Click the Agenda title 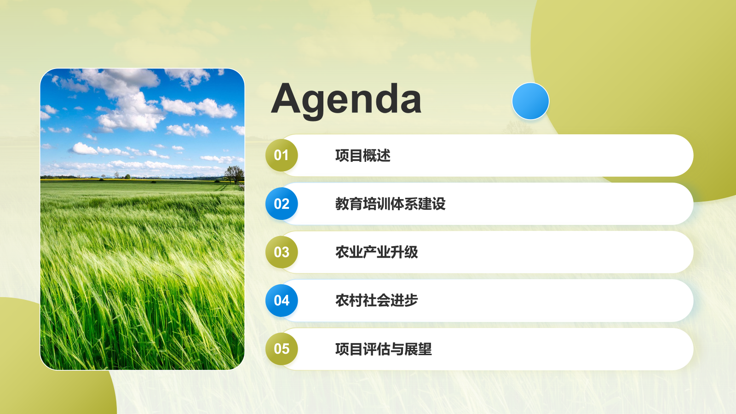coord(346,101)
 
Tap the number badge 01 coord(282,155)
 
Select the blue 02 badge coord(282,204)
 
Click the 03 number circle coord(282,252)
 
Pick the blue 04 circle coord(282,301)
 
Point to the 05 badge coord(282,349)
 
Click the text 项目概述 coord(363,155)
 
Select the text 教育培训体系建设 coord(391,204)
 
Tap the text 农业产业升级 coord(377,253)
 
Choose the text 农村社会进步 coord(377,301)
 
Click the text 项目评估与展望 coord(384,349)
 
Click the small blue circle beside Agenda coord(530,101)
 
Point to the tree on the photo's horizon coord(235,174)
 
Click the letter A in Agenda coord(286,98)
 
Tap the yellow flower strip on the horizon coord(132,180)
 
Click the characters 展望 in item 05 coord(418,349)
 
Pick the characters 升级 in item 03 coord(404,253)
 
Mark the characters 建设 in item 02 coord(432,204)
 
